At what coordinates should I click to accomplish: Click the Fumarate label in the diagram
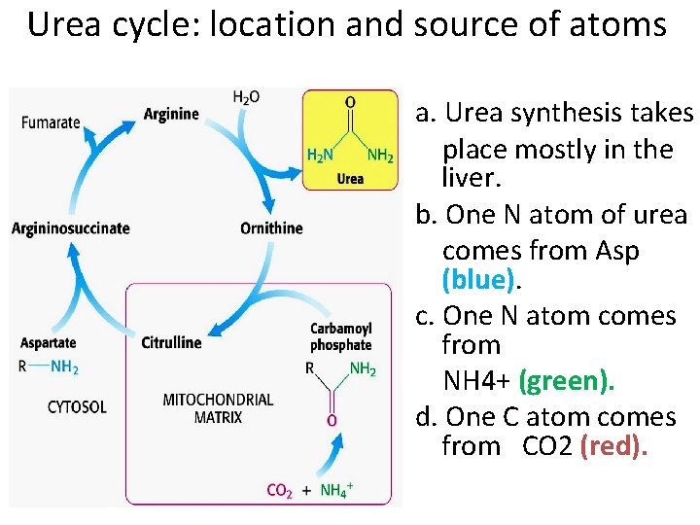click(50, 122)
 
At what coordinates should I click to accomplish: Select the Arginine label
click(170, 114)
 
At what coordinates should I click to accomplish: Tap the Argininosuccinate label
click(70, 228)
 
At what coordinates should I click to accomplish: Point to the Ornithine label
click(271, 228)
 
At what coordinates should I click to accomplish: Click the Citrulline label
click(171, 342)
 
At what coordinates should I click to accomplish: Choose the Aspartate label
click(48, 342)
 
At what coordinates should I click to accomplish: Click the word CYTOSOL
click(77, 406)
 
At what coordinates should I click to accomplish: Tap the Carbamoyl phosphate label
click(340, 336)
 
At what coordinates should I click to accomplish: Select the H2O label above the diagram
click(246, 97)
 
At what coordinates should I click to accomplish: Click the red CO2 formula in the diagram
click(279, 490)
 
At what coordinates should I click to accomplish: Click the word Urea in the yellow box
click(350, 179)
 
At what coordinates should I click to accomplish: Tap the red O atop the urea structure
click(350, 102)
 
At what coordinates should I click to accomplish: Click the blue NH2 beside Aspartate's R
click(64, 367)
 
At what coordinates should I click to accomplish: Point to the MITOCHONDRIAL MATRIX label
click(218, 407)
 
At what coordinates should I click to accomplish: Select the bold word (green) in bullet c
click(566, 380)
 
